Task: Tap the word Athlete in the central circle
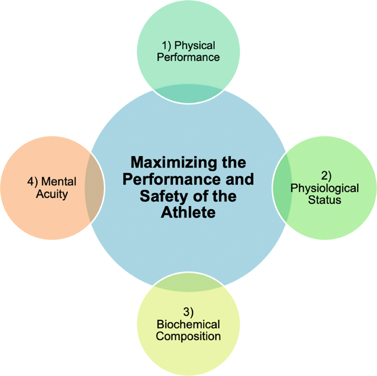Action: pyautogui.click(x=188, y=212)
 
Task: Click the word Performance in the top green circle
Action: pyautogui.click(x=188, y=57)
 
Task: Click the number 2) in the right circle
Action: pyautogui.click(x=326, y=177)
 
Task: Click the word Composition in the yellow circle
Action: pyautogui.click(x=188, y=336)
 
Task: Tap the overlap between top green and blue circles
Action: pyautogui.click(x=188, y=94)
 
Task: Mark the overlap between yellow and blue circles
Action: pyautogui.click(x=188, y=281)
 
